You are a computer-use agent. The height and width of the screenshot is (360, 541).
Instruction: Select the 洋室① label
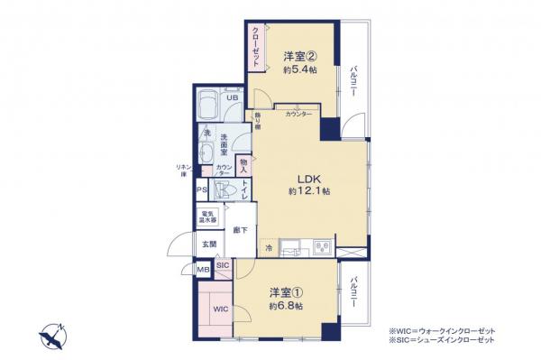(x=283, y=293)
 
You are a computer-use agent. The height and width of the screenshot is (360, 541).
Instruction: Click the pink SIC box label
(x=223, y=265)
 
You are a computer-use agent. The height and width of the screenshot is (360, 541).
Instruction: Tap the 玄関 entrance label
(x=206, y=244)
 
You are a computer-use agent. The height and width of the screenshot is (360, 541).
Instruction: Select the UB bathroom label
(x=232, y=98)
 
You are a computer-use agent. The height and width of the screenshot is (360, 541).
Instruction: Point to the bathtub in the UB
(x=207, y=106)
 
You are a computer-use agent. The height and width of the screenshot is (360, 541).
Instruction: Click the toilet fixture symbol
(x=229, y=190)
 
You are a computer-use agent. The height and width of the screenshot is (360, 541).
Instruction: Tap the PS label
(x=203, y=190)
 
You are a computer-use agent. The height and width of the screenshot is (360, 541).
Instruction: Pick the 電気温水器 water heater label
(x=207, y=217)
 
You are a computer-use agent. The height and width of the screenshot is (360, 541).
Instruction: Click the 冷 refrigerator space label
(x=268, y=247)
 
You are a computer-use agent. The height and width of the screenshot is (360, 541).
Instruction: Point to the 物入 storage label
(x=243, y=165)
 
